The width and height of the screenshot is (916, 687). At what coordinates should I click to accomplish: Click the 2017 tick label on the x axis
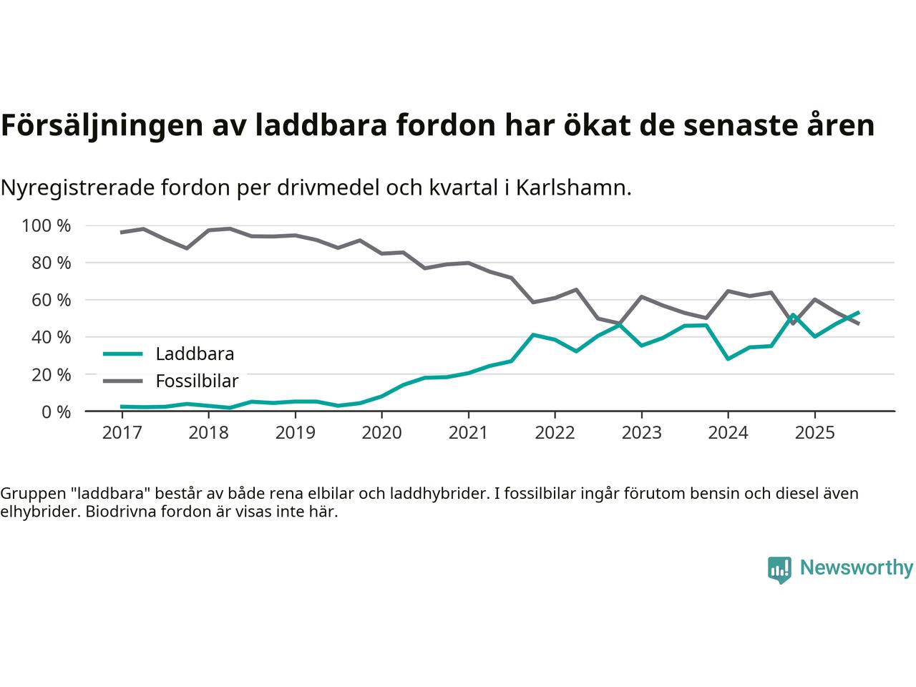[x=122, y=433]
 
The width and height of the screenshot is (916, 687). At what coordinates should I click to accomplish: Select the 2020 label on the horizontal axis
[x=381, y=433]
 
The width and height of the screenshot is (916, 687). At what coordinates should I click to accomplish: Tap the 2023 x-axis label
[x=641, y=433]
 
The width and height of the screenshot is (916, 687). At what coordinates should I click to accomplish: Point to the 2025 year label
[x=814, y=433]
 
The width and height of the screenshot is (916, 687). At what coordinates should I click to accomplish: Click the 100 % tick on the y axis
[x=47, y=226]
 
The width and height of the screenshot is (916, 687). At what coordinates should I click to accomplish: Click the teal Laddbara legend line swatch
[x=123, y=354]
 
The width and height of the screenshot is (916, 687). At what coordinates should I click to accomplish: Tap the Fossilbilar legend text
[x=197, y=381]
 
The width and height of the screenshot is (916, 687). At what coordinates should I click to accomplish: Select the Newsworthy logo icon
[x=779, y=570]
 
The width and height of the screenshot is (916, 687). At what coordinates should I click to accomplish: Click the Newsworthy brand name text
[x=857, y=568]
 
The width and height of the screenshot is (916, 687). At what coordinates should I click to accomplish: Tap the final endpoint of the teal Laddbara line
[x=858, y=313]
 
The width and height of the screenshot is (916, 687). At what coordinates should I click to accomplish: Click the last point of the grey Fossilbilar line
[x=858, y=324]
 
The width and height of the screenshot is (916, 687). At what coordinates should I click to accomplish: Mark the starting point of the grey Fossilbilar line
[x=122, y=232]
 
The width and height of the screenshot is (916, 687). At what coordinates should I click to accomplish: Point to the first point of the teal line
[x=122, y=406]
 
